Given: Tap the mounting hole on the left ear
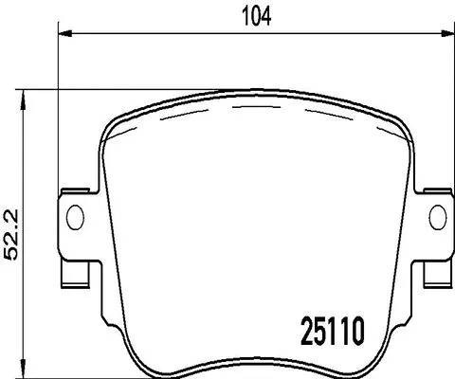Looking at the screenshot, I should click(x=73, y=217).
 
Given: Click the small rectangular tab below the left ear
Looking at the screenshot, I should click(x=72, y=277).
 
